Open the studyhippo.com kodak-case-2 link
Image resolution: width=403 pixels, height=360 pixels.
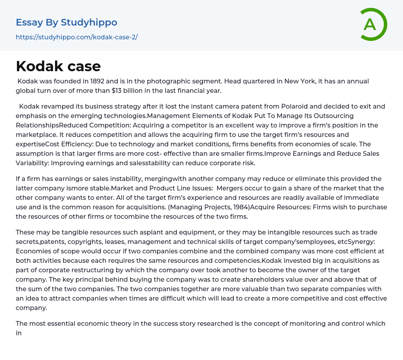(x=76, y=37)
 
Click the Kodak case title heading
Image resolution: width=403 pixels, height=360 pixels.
(x=58, y=66)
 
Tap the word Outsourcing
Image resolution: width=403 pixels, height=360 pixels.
(x=333, y=116)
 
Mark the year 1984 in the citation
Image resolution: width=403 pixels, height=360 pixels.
(x=240, y=207)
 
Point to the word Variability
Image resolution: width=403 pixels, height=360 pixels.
(x=32, y=163)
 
